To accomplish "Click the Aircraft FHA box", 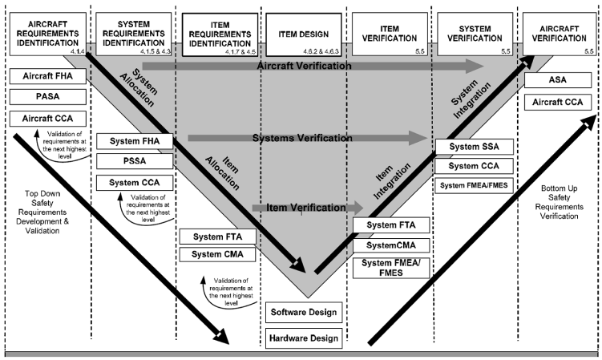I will (45, 77).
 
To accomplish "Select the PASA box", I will (45, 98).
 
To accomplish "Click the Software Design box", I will (304, 311).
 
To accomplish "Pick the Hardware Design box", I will (304, 338).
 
